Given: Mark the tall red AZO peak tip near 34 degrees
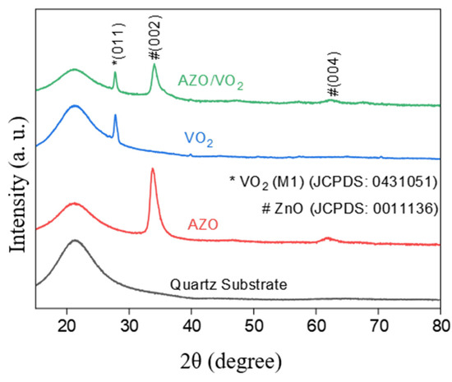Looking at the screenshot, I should [x=152, y=169].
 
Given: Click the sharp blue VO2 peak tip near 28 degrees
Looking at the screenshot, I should [x=115, y=115].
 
